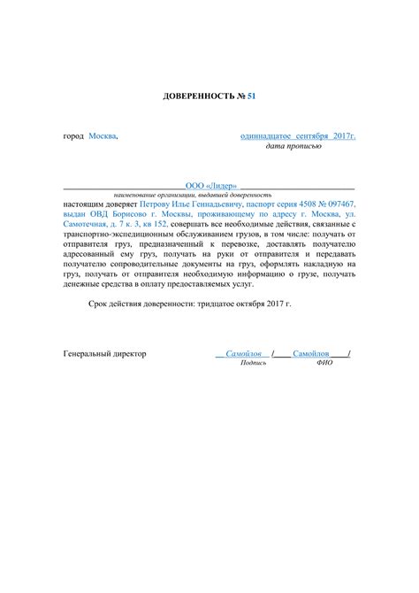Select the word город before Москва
click(73, 137)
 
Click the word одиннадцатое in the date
click(269, 137)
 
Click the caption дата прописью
click(293, 146)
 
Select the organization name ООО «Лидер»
click(210, 185)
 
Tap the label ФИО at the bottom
click(324, 363)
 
